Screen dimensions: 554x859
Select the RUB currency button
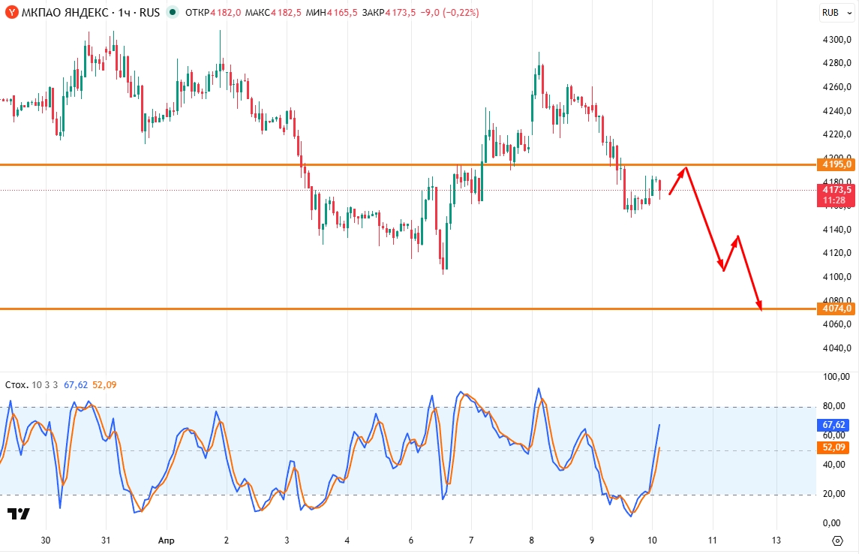tap(830, 13)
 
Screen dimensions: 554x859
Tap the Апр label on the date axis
tap(166, 540)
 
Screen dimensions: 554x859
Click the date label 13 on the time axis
tap(776, 540)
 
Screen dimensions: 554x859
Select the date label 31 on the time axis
tap(106, 540)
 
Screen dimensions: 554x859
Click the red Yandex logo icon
tap(12, 13)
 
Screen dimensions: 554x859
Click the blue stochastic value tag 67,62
tap(834, 425)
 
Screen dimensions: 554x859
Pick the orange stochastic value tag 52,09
tap(834, 447)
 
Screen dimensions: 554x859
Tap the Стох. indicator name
tap(17, 385)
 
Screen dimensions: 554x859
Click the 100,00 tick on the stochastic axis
tap(836, 377)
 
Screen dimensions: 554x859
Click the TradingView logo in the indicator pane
tap(18, 514)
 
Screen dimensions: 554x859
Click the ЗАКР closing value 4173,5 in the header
tap(401, 13)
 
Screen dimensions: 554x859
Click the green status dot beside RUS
tap(173, 13)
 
